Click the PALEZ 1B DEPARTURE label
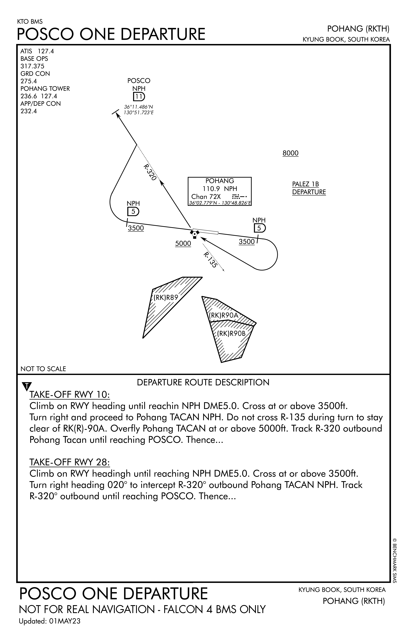tap(309, 188)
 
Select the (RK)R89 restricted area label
tap(166, 297)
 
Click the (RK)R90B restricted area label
tap(231, 334)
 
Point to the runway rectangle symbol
tap(205, 231)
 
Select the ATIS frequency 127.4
tap(46, 51)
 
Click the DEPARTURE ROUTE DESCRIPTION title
tap(203, 382)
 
